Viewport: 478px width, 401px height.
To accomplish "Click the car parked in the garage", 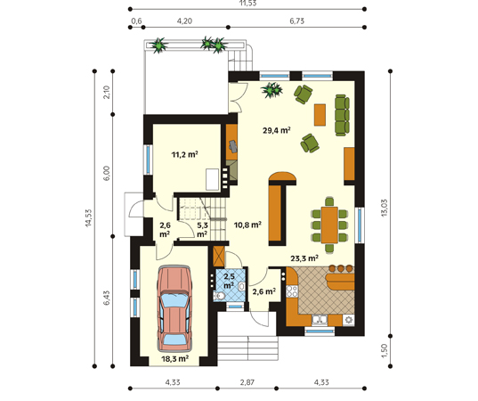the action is (174, 308).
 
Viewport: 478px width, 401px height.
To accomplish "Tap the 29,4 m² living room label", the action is (277, 131).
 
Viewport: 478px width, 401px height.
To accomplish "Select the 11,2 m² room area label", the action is (185, 154).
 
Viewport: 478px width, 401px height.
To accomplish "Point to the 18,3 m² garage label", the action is (174, 358).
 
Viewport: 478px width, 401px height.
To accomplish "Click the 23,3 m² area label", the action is (304, 258).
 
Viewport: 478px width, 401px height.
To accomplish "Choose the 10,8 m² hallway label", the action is (247, 225).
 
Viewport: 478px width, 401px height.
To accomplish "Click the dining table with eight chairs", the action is (329, 225).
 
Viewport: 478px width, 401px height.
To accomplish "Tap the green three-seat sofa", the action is (342, 115).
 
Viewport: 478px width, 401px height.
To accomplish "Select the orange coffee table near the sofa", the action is (320, 115).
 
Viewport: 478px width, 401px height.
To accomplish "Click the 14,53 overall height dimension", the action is (88, 218).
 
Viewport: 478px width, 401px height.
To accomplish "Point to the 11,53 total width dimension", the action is (247, 4).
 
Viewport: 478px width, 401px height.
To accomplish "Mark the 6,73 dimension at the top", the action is (297, 21).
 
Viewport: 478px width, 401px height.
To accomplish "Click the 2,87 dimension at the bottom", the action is (247, 382).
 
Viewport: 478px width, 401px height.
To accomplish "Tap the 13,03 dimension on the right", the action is (385, 208).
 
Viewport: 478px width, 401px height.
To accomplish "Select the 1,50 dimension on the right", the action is (385, 351).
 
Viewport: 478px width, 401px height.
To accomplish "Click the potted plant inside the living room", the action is (271, 90).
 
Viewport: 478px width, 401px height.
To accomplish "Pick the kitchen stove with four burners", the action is (291, 291).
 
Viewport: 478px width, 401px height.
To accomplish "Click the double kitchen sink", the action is (320, 320).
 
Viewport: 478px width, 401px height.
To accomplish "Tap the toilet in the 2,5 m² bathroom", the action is (219, 296).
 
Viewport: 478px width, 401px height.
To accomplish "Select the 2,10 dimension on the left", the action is (107, 92).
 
